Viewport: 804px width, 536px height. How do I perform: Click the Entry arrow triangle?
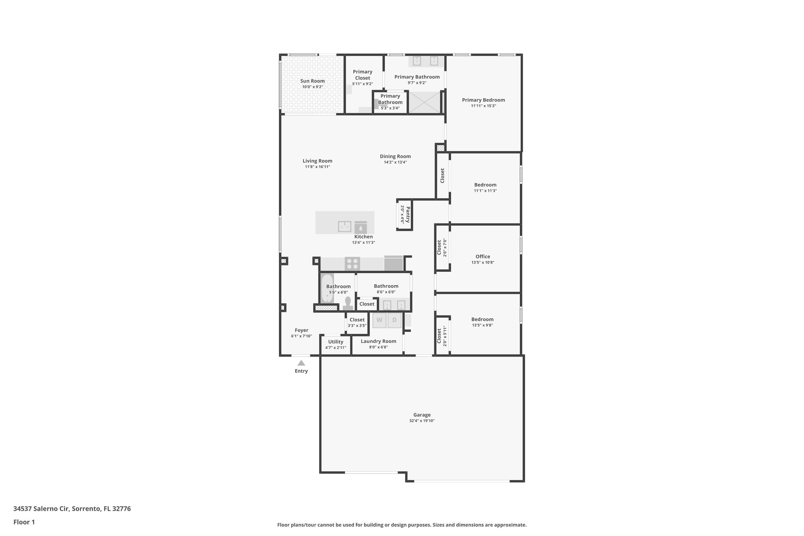tap(301, 363)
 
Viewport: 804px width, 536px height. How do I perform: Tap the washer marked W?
tap(379, 320)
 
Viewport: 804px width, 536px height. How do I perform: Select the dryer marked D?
tap(395, 320)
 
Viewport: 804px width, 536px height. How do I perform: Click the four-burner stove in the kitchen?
tap(352, 263)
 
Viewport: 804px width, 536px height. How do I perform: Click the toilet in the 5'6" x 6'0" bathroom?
tap(348, 303)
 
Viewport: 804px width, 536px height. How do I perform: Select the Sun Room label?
tap(312, 81)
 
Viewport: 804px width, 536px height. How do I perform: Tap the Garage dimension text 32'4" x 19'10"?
tap(422, 421)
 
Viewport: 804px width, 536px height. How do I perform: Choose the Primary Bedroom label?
tap(483, 100)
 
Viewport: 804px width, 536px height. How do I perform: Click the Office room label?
tap(482, 256)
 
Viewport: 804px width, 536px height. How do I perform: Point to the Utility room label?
tap(336, 342)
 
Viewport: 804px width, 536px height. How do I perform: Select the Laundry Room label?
tap(378, 341)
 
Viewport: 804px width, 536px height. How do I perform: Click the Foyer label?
tap(301, 330)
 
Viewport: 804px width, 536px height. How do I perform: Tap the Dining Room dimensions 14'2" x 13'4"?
tap(395, 162)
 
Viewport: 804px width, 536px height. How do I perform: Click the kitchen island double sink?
tap(345, 227)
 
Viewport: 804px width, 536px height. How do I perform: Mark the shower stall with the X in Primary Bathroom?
tap(424, 102)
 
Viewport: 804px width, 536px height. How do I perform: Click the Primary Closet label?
tap(362, 75)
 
